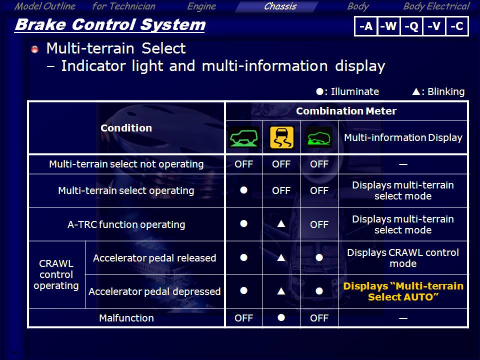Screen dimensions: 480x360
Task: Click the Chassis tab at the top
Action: [x=280, y=6]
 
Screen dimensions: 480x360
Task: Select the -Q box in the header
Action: [x=411, y=26]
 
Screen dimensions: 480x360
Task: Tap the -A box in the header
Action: [x=366, y=26]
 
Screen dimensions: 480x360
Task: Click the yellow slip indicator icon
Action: [x=281, y=137]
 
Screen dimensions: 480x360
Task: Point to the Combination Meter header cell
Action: [x=346, y=111]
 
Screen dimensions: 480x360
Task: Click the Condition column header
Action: [x=126, y=127]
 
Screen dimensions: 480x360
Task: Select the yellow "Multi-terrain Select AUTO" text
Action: [x=403, y=291]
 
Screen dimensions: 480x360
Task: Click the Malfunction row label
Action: [x=126, y=318]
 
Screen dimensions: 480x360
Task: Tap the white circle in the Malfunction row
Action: [x=281, y=317]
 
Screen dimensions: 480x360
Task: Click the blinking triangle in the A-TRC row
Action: [x=281, y=224]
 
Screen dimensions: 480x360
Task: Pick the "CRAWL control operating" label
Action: [x=56, y=274]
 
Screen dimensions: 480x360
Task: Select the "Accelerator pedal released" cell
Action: [x=154, y=258]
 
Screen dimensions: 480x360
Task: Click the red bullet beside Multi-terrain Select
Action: [x=35, y=49]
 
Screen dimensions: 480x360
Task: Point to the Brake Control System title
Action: [x=110, y=25]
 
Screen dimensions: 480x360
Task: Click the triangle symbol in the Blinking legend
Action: [x=415, y=91]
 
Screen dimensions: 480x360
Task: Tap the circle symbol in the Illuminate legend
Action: [x=319, y=91]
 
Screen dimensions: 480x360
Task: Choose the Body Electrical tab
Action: [x=436, y=6]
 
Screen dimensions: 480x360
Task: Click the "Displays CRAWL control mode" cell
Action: [x=403, y=258]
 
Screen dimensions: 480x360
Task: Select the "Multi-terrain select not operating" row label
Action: [x=126, y=164]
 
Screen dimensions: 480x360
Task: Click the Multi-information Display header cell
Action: [x=403, y=137]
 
